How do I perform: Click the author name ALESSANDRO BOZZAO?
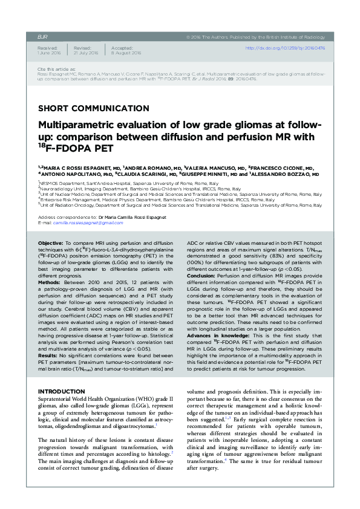(284, 173)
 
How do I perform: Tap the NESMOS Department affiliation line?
(115, 182)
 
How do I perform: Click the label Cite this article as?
(53, 70)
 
